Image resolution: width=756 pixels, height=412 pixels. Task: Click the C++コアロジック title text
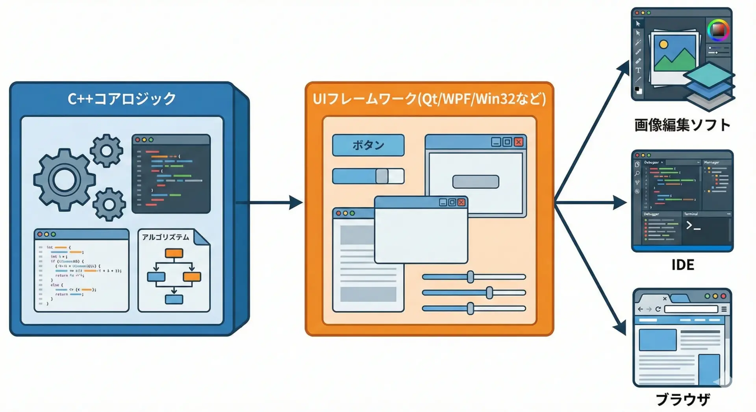click(122, 98)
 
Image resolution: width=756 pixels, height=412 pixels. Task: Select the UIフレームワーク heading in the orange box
click(429, 98)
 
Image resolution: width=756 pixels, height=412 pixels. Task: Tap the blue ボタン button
click(368, 145)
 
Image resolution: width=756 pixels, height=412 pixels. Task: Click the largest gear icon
click(64, 180)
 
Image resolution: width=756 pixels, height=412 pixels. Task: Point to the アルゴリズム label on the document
click(165, 237)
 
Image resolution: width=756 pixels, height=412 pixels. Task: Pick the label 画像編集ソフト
click(682, 125)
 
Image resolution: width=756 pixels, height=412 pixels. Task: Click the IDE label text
click(682, 265)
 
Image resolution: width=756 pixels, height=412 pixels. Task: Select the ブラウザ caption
click(682, 399)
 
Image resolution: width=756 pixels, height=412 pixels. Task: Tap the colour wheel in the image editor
click(718, 30)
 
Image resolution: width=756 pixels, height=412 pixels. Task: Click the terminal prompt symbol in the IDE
click(693, 225)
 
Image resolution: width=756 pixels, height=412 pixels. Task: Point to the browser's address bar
click(691, 309)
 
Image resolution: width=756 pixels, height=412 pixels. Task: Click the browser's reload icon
click(658, 309)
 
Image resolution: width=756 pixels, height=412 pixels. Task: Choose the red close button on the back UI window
click(519, 142)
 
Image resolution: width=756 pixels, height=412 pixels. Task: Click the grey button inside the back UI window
click(476, 182)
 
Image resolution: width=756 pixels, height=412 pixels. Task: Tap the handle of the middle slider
click(489, 293)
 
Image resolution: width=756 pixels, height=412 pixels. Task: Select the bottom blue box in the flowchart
click(174, 299)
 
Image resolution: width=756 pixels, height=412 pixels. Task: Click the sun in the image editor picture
click(663, 44)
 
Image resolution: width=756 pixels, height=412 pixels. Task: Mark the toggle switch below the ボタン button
click(368, 176)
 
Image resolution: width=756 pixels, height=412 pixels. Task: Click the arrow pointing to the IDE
click(591, 203)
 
